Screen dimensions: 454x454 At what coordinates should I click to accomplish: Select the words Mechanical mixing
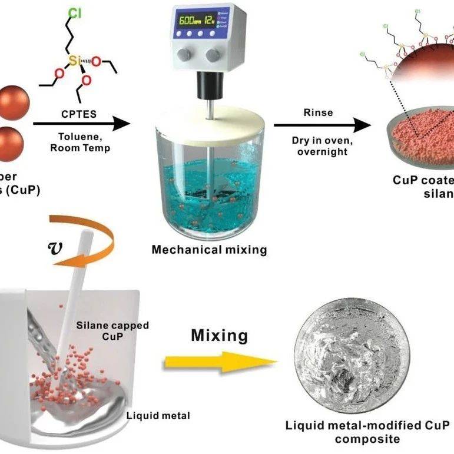click(x=209, y=250)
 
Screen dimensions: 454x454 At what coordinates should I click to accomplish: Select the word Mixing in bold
click(x=219, y=336)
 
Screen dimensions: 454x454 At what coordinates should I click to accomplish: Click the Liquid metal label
click(x=158, y=416)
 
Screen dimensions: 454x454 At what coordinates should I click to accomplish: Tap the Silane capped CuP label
click(x=112, y=330)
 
